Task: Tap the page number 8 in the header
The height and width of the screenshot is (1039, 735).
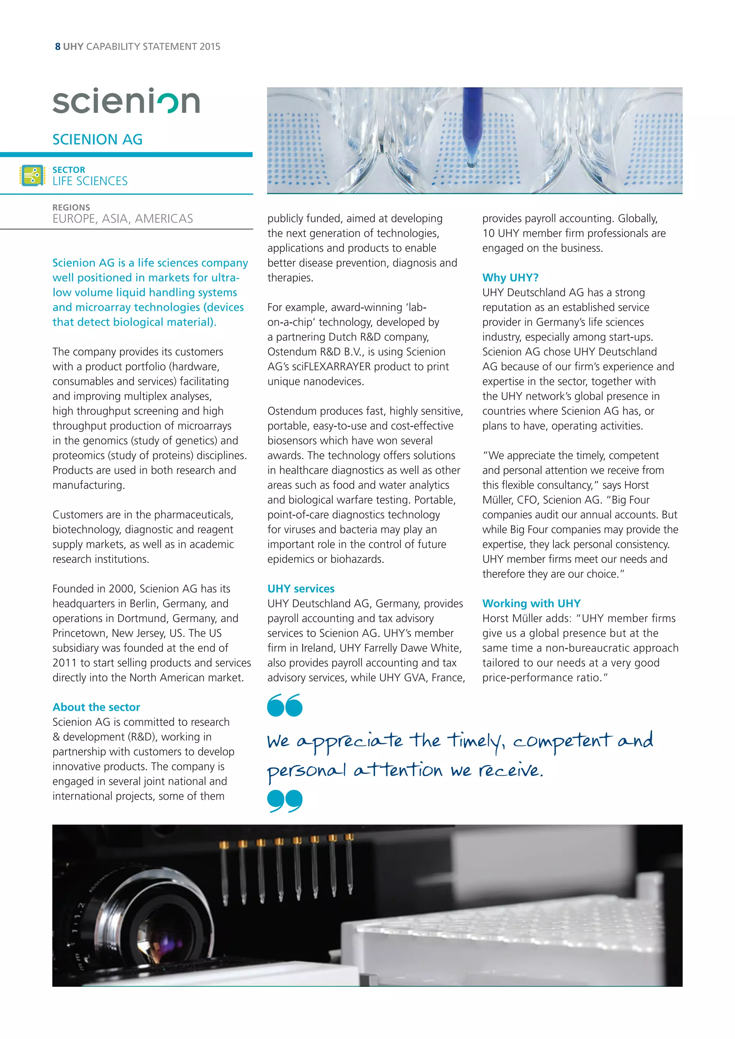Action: point(57,47)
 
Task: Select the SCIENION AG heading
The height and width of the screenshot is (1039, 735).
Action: point(97,139)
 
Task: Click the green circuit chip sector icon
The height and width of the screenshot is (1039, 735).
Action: point(32,175)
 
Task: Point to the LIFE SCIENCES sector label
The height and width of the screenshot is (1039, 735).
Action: point(90,181)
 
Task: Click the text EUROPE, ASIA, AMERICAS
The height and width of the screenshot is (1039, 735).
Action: point(123,219)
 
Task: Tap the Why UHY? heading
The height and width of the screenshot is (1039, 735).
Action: point(510,277)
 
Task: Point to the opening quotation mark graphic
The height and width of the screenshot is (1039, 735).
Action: point(284,705)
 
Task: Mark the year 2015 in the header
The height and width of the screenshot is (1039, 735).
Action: point(210,47)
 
